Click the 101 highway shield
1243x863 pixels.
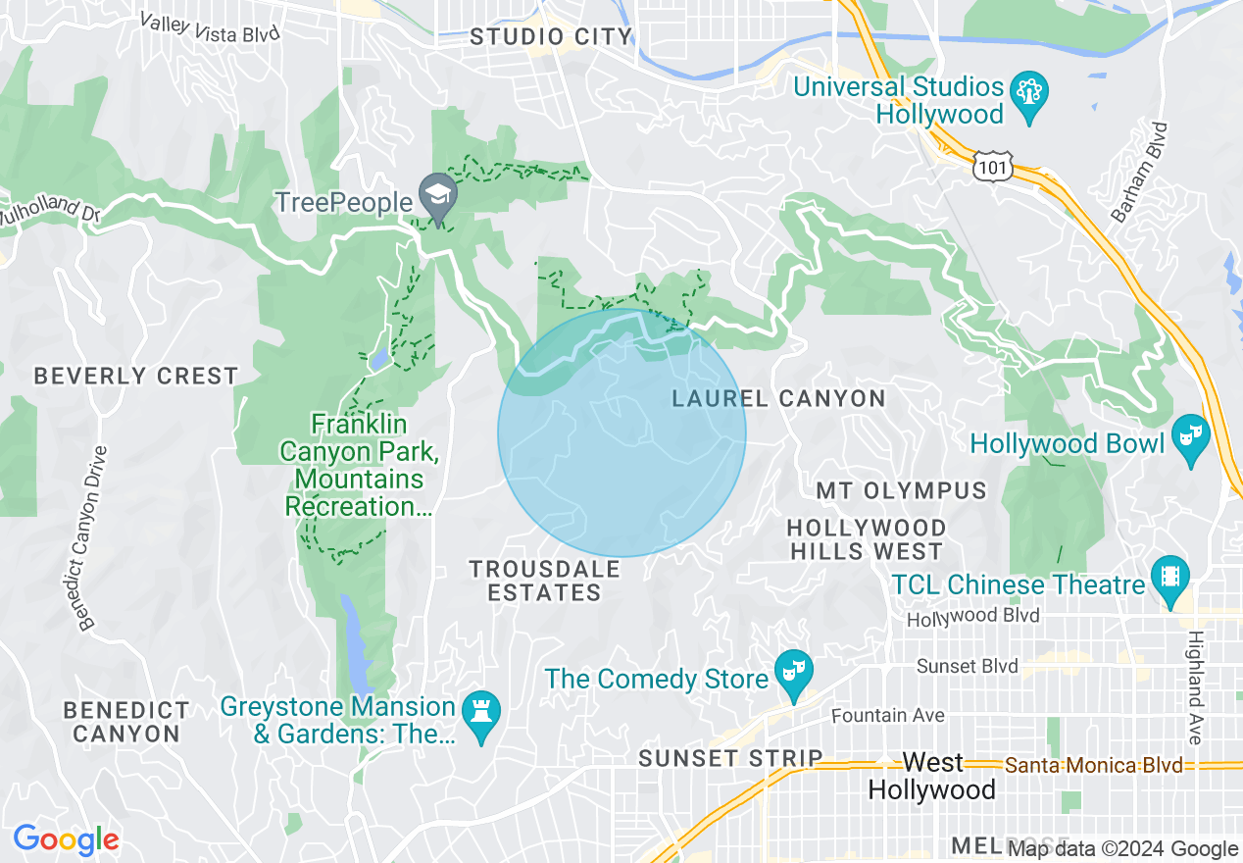click(x=992, y=169)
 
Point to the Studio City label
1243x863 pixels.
click(x=551, y=37)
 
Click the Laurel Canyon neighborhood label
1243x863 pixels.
click(x=778, y=398)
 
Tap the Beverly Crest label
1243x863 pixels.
click(x=136, y=376)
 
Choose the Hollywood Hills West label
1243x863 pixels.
click(x=867, y=540)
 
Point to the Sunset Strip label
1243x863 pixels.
click(x=730, y=758)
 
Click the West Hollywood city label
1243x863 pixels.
click(x=932, y=776)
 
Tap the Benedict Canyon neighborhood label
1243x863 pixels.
click(x=126, y=721)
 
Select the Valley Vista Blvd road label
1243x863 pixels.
click(x=209, y=26)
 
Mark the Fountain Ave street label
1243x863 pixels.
click(x=888, y=715)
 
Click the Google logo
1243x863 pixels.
click(x=66, y=839)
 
